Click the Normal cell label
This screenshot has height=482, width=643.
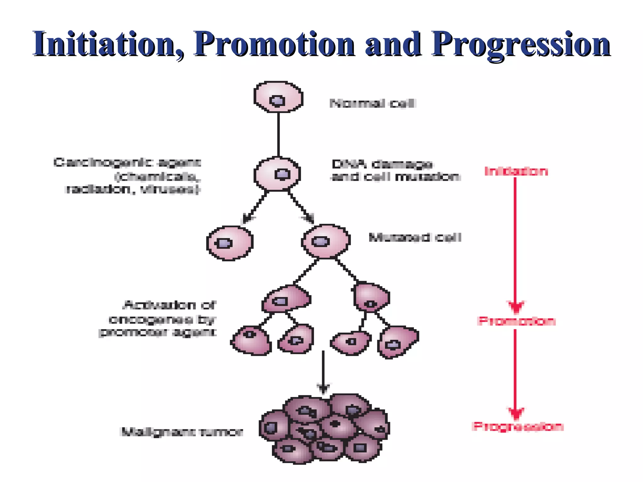point(373,103)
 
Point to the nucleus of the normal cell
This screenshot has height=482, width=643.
point(278,101)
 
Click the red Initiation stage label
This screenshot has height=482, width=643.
point(516,171)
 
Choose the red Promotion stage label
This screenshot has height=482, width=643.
point(516,321)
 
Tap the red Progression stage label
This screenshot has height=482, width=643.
point(518,426)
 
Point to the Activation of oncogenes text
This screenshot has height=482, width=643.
point(160,319)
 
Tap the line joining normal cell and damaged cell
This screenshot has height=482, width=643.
point(278,135)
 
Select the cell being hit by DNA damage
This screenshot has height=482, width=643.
point(278,174)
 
